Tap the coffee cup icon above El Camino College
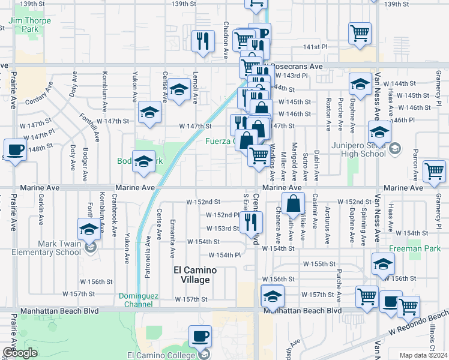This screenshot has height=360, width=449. click(x=200, y=336)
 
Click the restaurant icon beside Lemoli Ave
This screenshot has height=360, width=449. click(x=203, y=41)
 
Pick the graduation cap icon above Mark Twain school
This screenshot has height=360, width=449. click(x=89, y=229)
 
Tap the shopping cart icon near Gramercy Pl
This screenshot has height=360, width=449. click(x=434, y=170)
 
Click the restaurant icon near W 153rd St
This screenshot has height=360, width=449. click(x=250, y=222)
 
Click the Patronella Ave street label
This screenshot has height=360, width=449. click(x=148, y=253)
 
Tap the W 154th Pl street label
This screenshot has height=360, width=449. click(x=220, y=254)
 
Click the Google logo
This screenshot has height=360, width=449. click(x=20, y=353)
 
